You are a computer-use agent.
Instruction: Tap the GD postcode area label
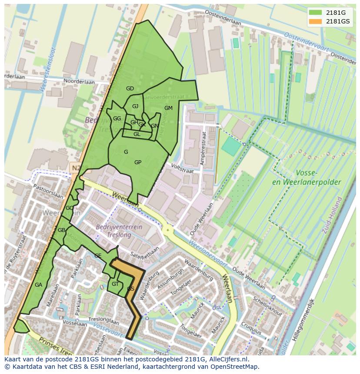click(x=130, y=89)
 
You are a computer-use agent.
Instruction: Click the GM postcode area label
click(x=168, y=108)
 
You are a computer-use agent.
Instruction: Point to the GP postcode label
click(x=138, y=162)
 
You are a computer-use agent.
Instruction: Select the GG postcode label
click(x=117, y=119)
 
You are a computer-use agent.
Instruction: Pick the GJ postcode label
click(x=135, y=106)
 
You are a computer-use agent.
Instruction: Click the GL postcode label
click(x=137, y=134)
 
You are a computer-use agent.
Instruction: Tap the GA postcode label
click(x=38, y=285)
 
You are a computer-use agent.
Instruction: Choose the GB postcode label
click(x=61, y=230)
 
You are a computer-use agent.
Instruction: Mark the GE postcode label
click(x=98, y=256)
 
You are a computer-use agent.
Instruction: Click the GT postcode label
click(x=115, y=284)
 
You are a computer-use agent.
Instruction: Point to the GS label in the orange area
click(x=130, y=288)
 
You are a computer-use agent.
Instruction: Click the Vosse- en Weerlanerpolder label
click(x=306, y=178)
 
